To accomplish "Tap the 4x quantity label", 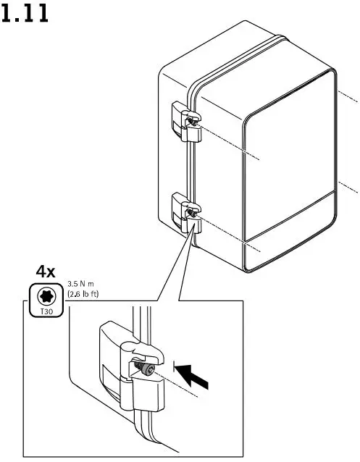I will coord(46,272).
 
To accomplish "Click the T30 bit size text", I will coord(44,311).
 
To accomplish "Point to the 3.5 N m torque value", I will coord(82,285).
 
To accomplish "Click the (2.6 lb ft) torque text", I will coord(82,295).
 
